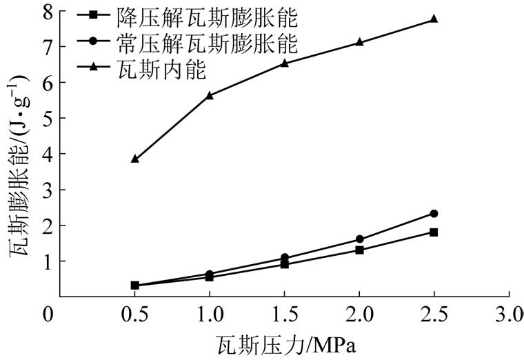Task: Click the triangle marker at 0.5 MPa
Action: click(x=134, y=159)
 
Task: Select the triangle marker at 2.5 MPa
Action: click(x=434, y=19)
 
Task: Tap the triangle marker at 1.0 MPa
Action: click(x=210, y=95)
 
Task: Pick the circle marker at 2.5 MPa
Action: click(x=434, y=214)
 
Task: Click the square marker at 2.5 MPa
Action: click(x=434, y=232)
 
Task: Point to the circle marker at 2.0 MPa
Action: click(x=359, y=239)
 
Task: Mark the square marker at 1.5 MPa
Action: click(x=284, y=264)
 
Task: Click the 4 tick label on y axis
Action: click(x=46, y=154)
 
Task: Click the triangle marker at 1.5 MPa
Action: click(x=284, y=63)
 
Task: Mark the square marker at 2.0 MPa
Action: click(x=359, y=250)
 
